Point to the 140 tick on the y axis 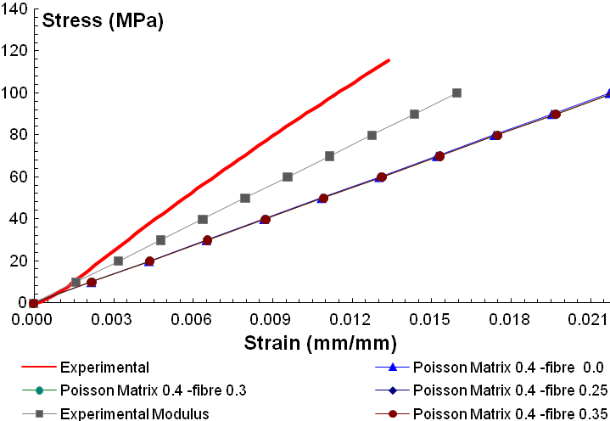coord(15,8)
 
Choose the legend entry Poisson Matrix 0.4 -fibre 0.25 coord(510,390)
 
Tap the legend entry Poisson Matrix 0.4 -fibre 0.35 coord(510,413)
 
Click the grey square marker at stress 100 coord(456,93)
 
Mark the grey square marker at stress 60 coord(288,177)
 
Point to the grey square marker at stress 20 coord(118,261)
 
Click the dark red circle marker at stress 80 coord(497,135)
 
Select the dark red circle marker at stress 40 coord(266,219)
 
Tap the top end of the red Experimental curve coord(389,60)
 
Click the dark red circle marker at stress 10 coord(92,282)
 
